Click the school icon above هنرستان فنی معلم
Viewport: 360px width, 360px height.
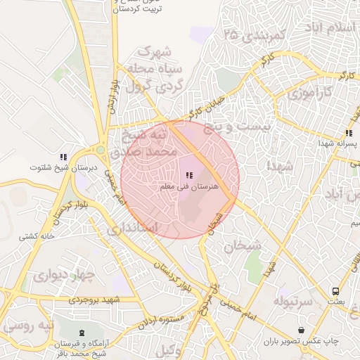[x=188, y=174]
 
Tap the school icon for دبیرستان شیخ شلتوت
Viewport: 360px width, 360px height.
[x=63, y=157]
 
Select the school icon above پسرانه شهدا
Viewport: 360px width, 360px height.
[x=349, y=133]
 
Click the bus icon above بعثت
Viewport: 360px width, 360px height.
[x=335, y=290]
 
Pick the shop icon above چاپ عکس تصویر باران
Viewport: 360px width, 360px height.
[x=302, y=330]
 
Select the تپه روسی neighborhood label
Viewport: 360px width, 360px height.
[x=28, y=327]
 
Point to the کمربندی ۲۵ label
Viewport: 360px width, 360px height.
[x=252, y=34]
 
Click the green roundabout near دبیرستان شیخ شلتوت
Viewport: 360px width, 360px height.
[x=100, y=150]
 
